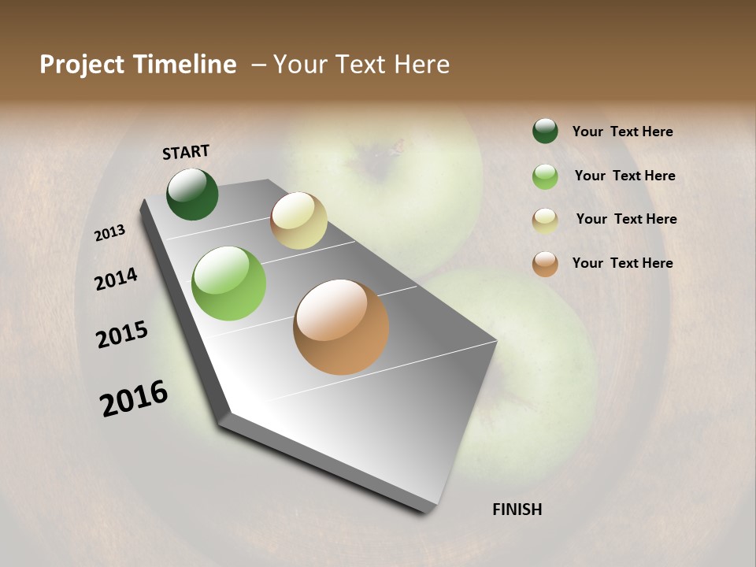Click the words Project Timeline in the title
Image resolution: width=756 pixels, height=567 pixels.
[x=138, y=65]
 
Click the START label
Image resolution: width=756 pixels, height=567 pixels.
[x=186, y=152]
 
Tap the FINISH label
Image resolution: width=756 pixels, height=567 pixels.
[x=517, y=510]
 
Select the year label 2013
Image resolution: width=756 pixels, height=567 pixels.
[x=110, y=233]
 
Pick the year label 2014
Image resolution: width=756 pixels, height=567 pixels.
[x=116, y=279]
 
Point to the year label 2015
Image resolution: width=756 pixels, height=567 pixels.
[x=122, y=335]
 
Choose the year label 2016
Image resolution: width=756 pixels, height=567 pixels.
[x=134, y=398]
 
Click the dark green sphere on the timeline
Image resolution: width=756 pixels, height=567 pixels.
[x=193, y=195]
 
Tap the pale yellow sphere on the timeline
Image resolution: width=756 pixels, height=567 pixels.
[x=298, y=220]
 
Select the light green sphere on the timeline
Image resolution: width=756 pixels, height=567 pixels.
[x=228, y=283]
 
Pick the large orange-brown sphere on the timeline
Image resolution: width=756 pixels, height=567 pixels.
[x=341, y=327]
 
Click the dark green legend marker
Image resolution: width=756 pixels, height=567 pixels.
[x=545, y=131]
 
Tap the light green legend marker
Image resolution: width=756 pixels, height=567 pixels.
[x=545, y=176]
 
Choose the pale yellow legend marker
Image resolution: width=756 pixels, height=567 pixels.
[x=545, y=220]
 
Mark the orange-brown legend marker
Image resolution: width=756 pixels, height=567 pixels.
[x=545, y=264]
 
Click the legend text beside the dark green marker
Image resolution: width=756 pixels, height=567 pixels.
[x=622, y=132]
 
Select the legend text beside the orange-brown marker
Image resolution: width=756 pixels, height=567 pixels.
[x=622, y=263]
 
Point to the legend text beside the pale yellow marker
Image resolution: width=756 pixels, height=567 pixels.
[x=626, y=219]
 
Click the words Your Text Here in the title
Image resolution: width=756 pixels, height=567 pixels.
[x=361, y=65]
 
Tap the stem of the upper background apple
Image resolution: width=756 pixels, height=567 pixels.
[x=398, y=146]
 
